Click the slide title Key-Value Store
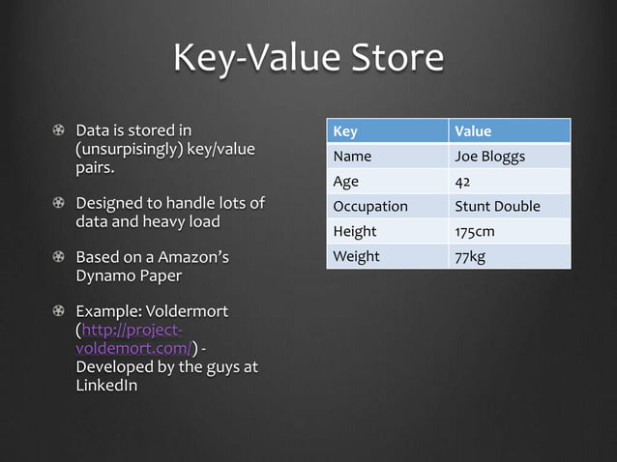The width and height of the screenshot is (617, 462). (308, 58)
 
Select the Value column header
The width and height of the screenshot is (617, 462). (473, 130)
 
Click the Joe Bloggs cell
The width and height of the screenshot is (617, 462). (489, 156)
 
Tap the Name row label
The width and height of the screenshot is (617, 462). (352, 156)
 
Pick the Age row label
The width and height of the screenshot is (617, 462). (345, 181)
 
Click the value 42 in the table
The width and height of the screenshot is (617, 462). (462, 181)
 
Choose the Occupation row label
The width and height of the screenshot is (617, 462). (369, 206)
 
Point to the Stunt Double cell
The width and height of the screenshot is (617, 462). (497, 206)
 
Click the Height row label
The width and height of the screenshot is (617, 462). (354, 231)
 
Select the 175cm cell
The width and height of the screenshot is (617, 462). (475, 231)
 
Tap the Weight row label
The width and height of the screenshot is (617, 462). (356, 256)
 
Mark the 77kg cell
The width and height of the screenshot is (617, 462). (470, 256)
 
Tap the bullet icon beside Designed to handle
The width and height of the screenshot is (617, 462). (59, 203)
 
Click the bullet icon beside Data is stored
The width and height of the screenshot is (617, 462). (59, 130)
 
